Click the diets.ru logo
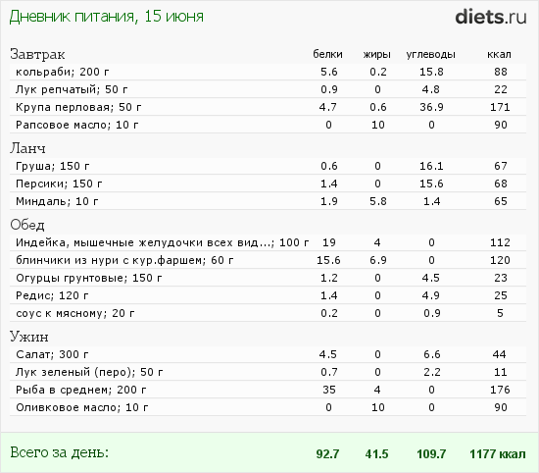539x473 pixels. click(x=491, y=17)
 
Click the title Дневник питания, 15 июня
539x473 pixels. click(x=106, y=17)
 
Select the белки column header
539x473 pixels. click(x=327, y=54)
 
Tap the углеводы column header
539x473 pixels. click(x=431, y=55)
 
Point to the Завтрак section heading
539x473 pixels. click(x=37, y=54)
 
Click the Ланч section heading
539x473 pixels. click(x=27, y=148)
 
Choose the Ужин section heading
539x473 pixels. click(x=29, y=337)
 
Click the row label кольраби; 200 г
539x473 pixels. click(x=63, y=72)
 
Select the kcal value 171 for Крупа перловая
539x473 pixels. click(x=500, y=107)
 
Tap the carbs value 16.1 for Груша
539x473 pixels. click(x=431, y=166)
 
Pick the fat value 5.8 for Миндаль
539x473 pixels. click(x=377, y=201)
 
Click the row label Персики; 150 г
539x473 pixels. click(x=59, y=184)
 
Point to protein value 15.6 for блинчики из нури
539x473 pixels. click(x=328, y=260)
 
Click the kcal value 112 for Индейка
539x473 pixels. click(x=500, y=242)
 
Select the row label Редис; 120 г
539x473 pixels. click(x=52, y=295)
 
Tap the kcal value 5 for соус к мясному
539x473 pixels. click(x=500, y=313)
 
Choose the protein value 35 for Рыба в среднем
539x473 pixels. click(x=329, y=390)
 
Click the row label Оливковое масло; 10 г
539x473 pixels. click(x=82, y=407)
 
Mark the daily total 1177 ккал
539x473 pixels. click(x=498, y=454)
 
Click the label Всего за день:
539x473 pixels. click(x=59, y=452)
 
